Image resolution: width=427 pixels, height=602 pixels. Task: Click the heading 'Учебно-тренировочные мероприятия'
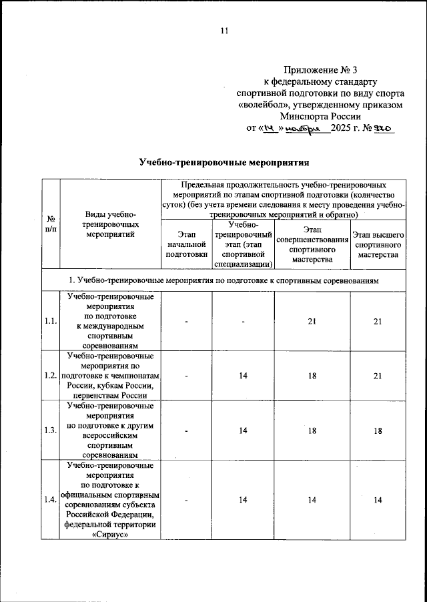[x=224, y=162]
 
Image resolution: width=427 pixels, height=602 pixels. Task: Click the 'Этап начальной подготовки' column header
[x=187, y=244]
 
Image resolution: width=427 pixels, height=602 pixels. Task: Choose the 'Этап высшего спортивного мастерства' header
[x=378, y=244]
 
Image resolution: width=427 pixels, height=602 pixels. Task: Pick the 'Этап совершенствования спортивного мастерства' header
[x=312, y=244]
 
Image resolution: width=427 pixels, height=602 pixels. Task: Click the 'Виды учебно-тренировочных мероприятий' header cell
[x=111, y=224]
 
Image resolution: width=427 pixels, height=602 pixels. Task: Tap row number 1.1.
[x=50, y=322]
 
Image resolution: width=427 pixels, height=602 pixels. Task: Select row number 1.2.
[x=50, y=376]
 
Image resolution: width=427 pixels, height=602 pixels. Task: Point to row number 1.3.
[x=50, y=430]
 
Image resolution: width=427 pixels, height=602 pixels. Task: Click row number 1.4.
[x=50, y=499]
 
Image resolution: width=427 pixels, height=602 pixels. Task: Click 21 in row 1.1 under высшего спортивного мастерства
[x=378, y=322]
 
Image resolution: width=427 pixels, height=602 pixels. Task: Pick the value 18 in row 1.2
[x=312, y=376]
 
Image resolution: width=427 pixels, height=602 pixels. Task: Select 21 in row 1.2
[x=378, y=376]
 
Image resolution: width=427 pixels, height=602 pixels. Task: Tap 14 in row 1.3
[x=244, y=430]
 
